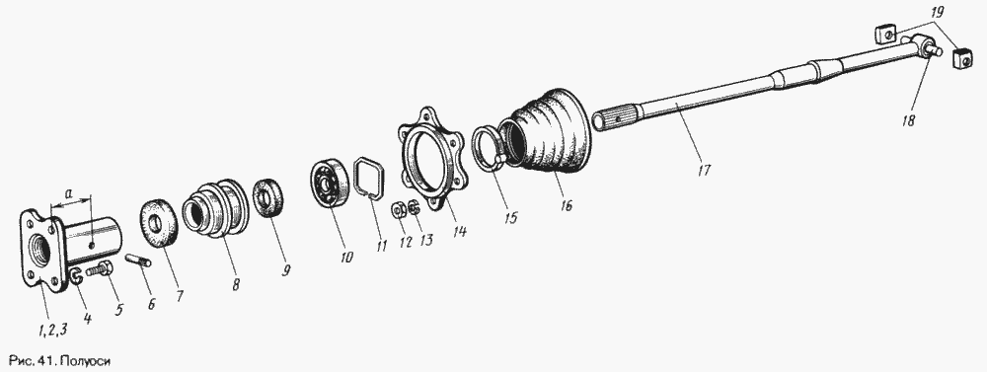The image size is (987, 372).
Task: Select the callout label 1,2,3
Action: [x=53, y=329]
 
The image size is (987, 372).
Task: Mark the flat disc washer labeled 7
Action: [x=158, y=222]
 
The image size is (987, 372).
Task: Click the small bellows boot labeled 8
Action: [x=214, y=208]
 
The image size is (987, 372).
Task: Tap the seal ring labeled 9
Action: [x=268, y=197]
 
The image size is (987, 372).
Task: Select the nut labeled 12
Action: [x=398, y=209]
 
